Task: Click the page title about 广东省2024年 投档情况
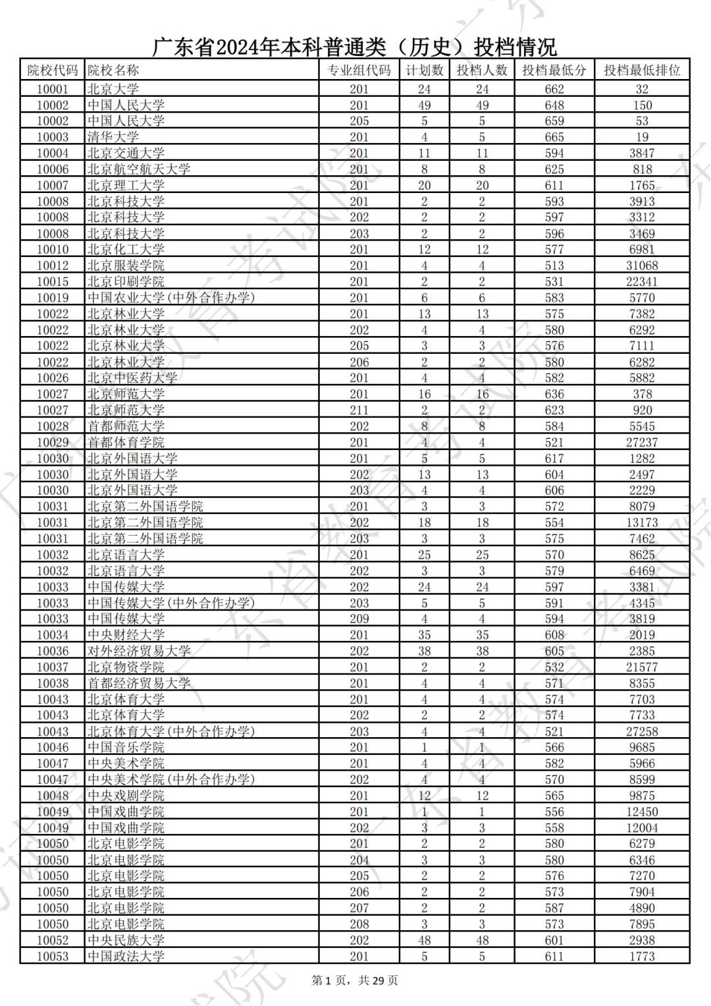click(x=355, y=47)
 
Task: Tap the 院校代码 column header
click(x=53, y=70)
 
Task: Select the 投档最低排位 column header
click(x=642, y=70)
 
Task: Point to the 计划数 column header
click(x=424, y=70)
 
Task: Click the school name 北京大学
click(x=113, y=89)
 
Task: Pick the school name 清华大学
click(x=113, y=137)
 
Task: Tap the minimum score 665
click(x=554, y=137)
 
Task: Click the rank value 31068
click(x=642, y=265)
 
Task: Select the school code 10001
click(x=53, y=89)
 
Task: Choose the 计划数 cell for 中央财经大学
click(x=424, y=635)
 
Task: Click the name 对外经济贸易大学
click(x=139, y=651)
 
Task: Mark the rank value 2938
click(x=642, y=940)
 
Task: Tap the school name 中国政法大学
click(x=126, y=956)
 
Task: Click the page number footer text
click(x=355, y=980)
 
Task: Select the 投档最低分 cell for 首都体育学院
click(x=554, y=442)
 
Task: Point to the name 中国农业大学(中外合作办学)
click(x=171, y=298)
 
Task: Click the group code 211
click(x=359, y=410)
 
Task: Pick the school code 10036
click(x=53, y=651)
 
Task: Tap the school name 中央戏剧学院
click(x=126, y=796)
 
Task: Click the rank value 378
click(x=642, y=394)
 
